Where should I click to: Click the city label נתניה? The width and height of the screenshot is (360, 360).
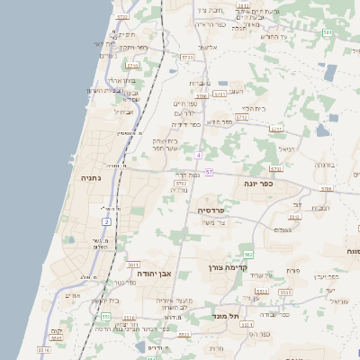click(x=92, y=178)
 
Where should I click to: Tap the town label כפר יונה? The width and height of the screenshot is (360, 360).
click(x=258, y=182)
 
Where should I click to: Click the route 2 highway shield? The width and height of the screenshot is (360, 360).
click(x=106, y=220)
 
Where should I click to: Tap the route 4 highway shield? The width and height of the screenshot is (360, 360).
click(x=198, y=156)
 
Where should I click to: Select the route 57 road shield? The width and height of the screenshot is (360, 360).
click(x=209, y=171)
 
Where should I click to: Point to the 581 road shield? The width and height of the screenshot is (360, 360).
click(x=328, y=33)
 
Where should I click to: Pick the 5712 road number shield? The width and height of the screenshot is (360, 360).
click(x=242, y=117)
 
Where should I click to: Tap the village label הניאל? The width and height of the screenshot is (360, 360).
click(x=286, y=149)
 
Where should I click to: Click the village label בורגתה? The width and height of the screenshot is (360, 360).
click(x=325, y=165)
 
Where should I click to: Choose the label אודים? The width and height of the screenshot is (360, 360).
click(x=74, y=295)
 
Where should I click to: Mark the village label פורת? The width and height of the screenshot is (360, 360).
click(x=292, y=270)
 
